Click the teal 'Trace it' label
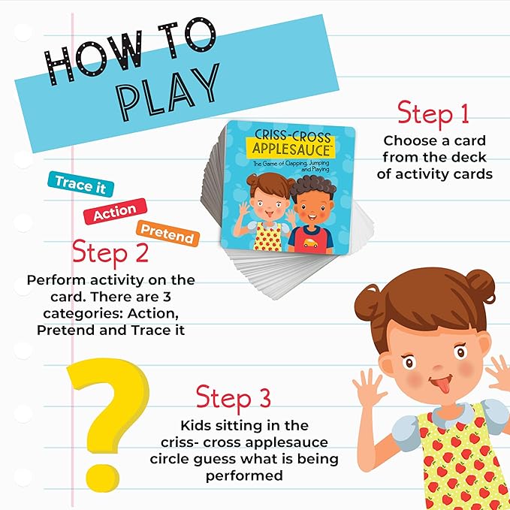point(80,184)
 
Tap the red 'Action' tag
point(115,211)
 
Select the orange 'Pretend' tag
point(167,233)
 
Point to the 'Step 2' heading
point(110,252)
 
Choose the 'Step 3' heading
point(233,397)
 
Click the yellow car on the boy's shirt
point(310,243)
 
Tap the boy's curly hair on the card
point(313,188)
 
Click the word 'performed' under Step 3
point(244,476)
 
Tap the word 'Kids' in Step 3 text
point(194,425)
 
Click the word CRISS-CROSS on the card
point(292,136)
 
